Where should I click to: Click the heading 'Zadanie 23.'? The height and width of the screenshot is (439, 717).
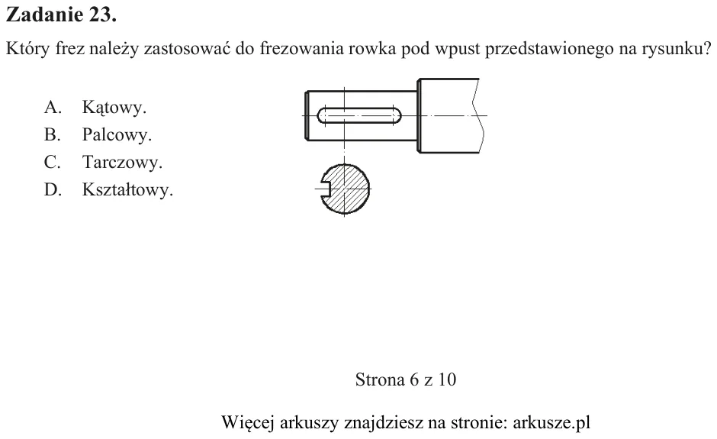click(61, 15)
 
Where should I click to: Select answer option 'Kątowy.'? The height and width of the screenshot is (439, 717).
click(114, 108)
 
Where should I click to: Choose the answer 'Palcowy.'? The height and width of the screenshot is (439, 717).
click(117, 134)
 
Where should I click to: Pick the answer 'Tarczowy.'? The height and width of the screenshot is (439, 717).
click(122, 162)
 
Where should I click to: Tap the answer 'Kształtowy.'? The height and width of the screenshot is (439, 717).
click(127, 189)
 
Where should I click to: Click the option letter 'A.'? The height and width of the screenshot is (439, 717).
click(53, 107)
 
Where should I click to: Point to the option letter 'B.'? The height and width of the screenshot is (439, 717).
click(52, 134)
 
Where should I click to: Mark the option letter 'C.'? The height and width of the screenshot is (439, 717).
click(52, 162)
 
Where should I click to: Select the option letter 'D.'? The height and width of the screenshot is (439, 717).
click(53, 189)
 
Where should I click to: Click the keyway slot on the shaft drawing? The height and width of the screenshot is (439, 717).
click(359, 115)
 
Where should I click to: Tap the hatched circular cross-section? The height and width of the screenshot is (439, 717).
click(346, 189)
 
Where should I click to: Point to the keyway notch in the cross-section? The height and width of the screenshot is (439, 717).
click(326, 189)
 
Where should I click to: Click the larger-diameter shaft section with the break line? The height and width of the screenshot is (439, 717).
click(450, 115)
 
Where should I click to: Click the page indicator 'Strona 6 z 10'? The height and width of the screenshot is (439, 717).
click(406, 379)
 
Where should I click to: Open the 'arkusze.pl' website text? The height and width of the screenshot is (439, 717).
click(551, 422)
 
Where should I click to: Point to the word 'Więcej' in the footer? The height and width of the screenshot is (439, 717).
click(248, 422)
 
